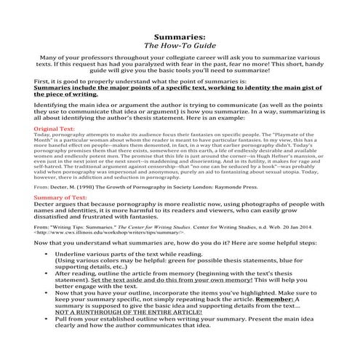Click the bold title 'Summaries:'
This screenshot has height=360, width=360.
[180, 35]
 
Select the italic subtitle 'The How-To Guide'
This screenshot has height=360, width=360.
[180, 45]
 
